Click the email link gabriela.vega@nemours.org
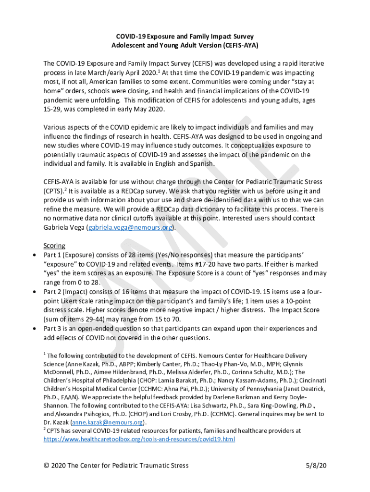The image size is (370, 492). click(x=130, y=228)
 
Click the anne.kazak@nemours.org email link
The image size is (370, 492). click(x=107, y=422)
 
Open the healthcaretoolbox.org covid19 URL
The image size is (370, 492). click(x=139, y=439)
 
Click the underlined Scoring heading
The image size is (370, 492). click(x=54, y=246)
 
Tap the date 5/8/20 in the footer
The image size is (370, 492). click(x=316, y=466)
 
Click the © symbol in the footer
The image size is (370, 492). click(x=47, y=466)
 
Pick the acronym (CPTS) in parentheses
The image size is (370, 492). click(x=53, y=191)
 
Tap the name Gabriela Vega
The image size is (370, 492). click(x=64, y=228)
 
